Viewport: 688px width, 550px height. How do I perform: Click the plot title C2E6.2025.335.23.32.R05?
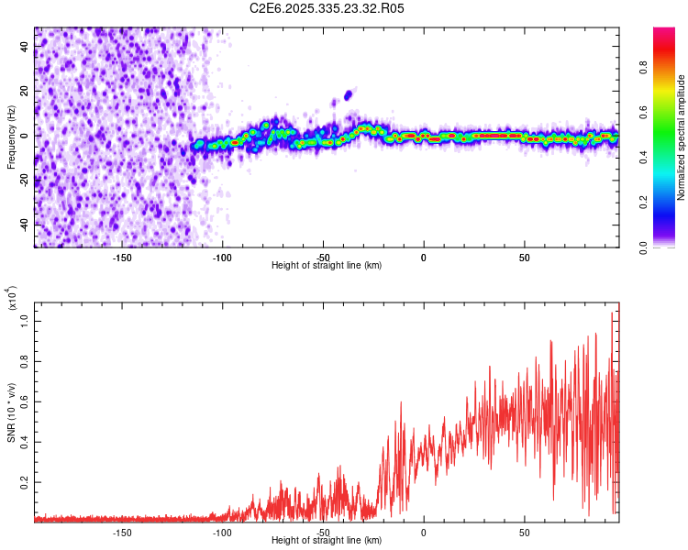click(327, 8)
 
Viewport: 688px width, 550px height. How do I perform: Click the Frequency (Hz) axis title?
click(11, 136)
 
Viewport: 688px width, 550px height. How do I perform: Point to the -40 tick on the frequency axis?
click(24, 224)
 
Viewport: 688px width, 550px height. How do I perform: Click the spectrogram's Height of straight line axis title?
click(327, 266)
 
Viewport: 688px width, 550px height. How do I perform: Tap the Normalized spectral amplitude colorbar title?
click(682, 137)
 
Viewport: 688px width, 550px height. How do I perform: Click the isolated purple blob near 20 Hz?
click(348, 94)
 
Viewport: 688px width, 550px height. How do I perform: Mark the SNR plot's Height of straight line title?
click(327, 542)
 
